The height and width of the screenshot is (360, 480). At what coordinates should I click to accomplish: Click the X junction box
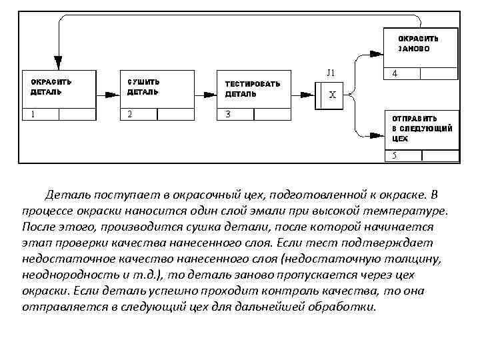(x=332, y=94)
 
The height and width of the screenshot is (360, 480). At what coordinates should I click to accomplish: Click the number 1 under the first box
(x=33, y=114)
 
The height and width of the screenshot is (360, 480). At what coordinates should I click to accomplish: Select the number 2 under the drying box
(x=131, y=114)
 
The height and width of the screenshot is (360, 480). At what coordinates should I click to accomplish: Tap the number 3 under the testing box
(x=228, y=114)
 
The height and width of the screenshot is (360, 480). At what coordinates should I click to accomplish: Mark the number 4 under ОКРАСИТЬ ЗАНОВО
(x=395, y=74)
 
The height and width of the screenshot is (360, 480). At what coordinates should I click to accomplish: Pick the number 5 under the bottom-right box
(x=395, y=156)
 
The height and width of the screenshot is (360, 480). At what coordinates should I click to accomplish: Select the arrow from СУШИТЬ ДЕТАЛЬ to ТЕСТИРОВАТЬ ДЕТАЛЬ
(x=205, y=94)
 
